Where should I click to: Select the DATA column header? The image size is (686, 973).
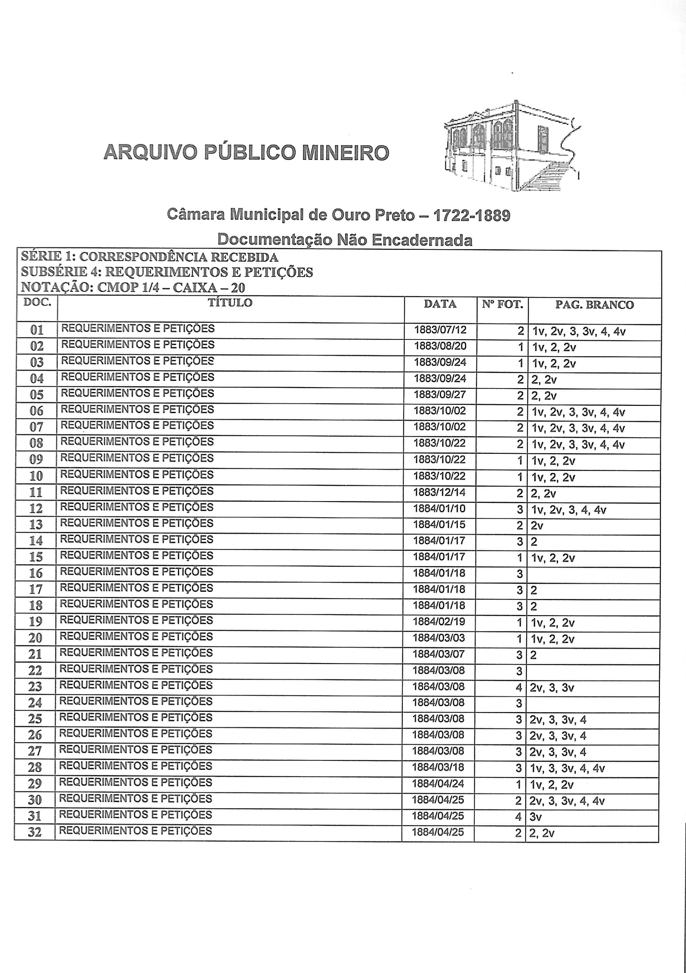(440, 304)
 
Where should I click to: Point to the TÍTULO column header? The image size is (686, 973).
(230, 303)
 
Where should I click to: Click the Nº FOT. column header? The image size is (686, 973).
(502, 304)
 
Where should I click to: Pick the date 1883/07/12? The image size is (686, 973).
(440, 330)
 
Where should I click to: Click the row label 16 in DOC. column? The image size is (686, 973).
(36, 573)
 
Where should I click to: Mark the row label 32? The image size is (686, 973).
(35, 832)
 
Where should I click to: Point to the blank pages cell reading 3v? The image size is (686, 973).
(536, 817)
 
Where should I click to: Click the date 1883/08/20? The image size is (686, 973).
(440, 346)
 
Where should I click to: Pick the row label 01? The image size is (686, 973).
(37, 330)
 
